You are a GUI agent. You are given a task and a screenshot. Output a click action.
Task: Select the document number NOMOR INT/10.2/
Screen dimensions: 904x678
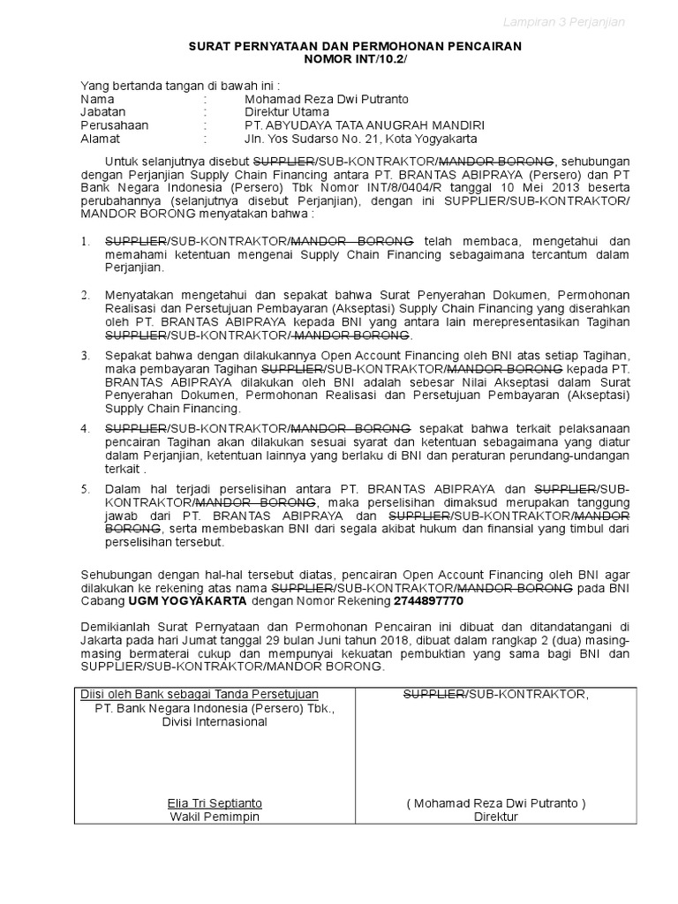356,59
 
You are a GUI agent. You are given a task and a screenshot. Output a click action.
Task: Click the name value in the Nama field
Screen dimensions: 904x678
327,99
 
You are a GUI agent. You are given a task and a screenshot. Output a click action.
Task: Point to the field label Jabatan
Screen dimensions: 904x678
103,112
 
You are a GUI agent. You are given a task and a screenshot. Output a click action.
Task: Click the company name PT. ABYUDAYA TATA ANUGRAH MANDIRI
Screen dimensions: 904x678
365,125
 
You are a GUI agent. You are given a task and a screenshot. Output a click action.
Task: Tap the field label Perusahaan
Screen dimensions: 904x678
115,125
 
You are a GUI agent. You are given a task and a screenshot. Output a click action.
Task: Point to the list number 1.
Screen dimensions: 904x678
86,241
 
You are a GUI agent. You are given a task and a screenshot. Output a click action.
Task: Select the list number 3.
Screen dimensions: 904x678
86,356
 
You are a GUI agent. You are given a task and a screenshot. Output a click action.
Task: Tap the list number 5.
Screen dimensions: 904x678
86,488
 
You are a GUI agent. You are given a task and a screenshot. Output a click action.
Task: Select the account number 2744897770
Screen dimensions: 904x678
428,600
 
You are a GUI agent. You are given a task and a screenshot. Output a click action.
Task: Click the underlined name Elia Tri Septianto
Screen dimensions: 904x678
215,803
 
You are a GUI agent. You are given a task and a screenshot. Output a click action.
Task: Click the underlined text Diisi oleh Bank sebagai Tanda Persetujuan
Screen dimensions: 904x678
200,694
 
